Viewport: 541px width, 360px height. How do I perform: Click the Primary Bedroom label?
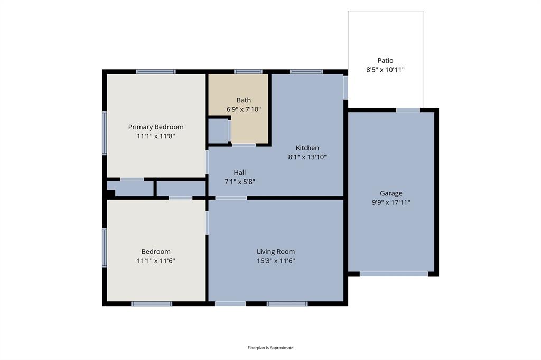[x=156, y=127]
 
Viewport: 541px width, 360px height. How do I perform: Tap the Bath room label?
[x=244, y=100]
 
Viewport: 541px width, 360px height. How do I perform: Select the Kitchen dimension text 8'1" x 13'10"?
[x=307, y=157]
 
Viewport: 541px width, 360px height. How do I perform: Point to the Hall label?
[x=240, y=173]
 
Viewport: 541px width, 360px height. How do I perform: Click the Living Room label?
[x=276, y=252]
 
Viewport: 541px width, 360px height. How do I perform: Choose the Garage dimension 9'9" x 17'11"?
[x=391, y=202]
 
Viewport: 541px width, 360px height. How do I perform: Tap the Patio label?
[x=385, y=60]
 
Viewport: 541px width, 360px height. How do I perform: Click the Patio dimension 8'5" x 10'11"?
[x=385, y=70]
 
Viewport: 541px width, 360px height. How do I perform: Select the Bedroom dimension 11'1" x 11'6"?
[x=156, y=261]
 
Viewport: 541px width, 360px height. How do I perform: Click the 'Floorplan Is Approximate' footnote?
[x=270, y=347]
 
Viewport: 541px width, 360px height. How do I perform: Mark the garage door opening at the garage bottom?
[x=394, y=274]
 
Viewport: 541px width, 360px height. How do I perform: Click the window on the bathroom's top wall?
[x=248, y=72]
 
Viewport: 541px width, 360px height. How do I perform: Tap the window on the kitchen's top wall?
[x=306, y=72]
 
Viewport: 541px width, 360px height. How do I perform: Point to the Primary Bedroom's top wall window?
[x=156, y=72]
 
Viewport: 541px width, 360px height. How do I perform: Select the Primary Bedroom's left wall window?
[x=105, y=133]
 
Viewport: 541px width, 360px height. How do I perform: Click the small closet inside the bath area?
[x=218, y=131]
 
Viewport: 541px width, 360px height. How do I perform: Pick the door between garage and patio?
[x=408, y=110]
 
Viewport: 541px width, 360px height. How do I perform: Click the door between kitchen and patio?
[x=346, y=88]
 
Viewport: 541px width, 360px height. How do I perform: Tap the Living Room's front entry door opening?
[x=230, y=304]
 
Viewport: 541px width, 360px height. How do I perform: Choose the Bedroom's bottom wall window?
[x=152, y=304]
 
